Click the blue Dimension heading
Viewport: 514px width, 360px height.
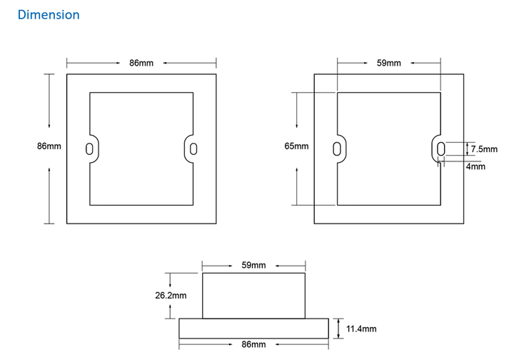pos(49,14)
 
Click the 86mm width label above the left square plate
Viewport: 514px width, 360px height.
pos(141,63)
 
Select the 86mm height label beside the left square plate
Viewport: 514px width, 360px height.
pos(49,146)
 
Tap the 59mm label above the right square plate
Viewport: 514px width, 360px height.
pos(388,63)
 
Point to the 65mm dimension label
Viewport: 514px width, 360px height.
pos(296,146)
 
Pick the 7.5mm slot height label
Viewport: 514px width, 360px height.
pos(483,149)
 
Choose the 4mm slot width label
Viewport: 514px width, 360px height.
pos(475,166)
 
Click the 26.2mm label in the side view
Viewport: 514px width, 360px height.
pos(171,295)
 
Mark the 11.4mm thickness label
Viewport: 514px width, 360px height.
pos(361,329)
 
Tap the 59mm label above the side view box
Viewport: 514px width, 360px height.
pos(253,265)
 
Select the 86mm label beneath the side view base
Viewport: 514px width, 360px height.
pos(253,345)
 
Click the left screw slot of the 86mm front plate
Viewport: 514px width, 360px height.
pos(89,149)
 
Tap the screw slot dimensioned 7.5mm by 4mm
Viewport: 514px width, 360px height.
pos(440,149)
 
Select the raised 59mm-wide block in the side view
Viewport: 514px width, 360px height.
pos(254,295)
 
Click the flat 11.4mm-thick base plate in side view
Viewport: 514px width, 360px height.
pos(254,328)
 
